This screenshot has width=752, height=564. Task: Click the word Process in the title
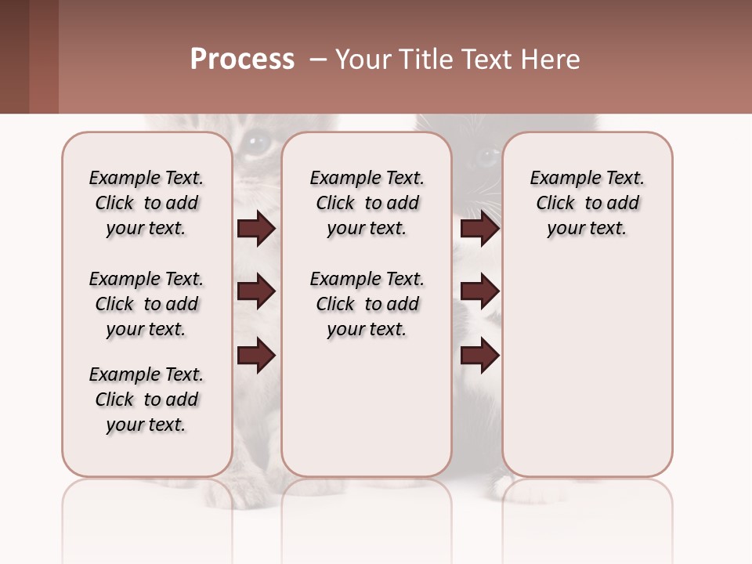click(242, 60)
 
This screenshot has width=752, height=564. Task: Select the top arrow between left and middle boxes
click(256, 229)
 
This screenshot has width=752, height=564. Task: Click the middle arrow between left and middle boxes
click(256, 291)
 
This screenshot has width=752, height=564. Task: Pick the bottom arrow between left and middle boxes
click(256, 356)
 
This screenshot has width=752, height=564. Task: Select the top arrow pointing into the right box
click(479, 229)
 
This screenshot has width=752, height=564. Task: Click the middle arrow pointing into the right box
click(479, 291)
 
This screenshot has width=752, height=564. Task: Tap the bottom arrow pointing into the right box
click(479, 356)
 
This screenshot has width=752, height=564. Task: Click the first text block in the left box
click(146, 203)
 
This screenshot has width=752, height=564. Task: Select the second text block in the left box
click(146, 304)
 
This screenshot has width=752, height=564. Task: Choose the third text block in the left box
click(146, 399)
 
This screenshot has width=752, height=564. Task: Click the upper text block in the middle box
click(367, 203)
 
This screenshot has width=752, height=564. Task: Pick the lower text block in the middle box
click(367, 304)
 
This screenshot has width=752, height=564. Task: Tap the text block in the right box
click(587, 203)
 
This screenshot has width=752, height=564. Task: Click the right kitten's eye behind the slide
click(485, 157)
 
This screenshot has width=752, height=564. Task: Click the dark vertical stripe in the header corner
click(44, 56)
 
